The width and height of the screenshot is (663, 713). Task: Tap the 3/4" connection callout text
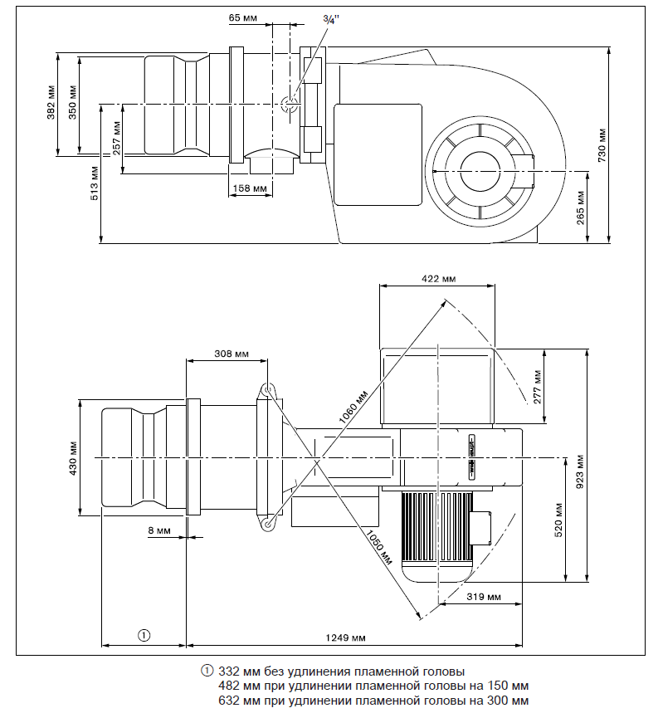(x=329, y=21)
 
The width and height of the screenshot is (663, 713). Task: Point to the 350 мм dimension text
(x=72, y=102)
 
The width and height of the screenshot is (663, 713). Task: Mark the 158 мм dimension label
(x=249, y=188)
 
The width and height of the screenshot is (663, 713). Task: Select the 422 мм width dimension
(x=437, y=279)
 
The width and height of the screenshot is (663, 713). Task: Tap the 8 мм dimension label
(x=159, y=529)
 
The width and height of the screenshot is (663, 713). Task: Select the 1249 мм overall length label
(x=347, y=637)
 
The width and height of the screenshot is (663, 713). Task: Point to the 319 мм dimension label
(x=484, y=596)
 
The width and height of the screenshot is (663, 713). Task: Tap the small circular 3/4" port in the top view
(x=290, y=104)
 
